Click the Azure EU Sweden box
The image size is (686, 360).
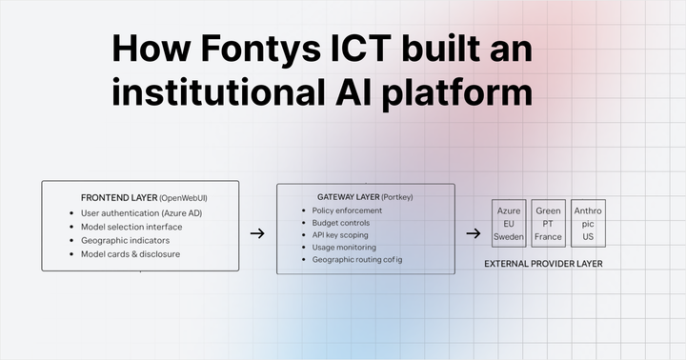(509, 222)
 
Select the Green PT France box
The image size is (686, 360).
(549, 222)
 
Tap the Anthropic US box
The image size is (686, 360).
(588, 222)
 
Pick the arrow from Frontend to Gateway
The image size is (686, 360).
(256, 232)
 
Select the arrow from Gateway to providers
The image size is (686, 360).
(473, 232)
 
